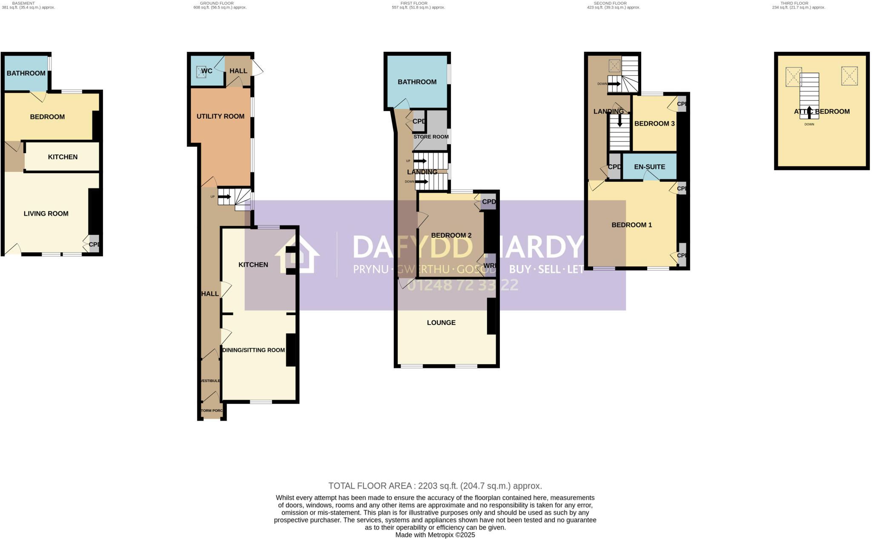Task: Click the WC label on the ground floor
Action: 207,71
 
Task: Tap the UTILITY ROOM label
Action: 220,116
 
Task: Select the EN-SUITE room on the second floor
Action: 649,167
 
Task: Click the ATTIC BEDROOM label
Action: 821,111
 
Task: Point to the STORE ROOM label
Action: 431,137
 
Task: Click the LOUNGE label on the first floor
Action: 441,322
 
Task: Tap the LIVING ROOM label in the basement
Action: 46,214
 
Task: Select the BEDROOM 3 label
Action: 654,123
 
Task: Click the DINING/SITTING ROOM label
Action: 253,350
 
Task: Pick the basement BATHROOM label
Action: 26,73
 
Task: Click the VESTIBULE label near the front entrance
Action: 210,381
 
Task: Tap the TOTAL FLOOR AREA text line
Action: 435,486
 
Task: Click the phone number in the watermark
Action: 462,285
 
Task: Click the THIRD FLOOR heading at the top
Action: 794,3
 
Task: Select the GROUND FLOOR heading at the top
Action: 217,3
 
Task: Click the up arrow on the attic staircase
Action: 809,112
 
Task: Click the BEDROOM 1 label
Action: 631,225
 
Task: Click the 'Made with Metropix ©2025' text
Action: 435,535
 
